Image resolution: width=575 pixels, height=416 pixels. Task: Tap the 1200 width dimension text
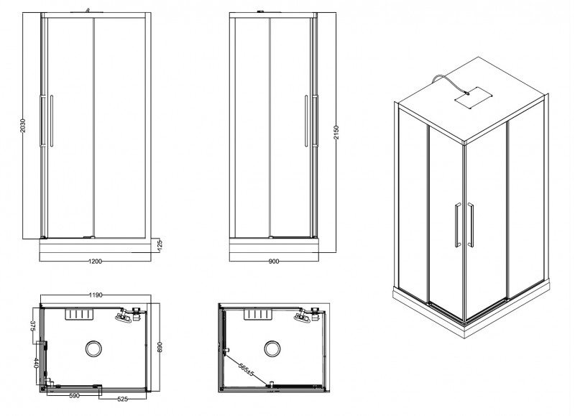point(95,261)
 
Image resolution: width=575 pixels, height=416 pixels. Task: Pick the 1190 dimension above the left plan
point(95,295)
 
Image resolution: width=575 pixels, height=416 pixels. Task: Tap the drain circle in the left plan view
point(95,349)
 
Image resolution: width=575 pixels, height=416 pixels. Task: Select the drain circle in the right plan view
point(272,349)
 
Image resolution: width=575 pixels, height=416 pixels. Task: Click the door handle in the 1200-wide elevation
point(50,120)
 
